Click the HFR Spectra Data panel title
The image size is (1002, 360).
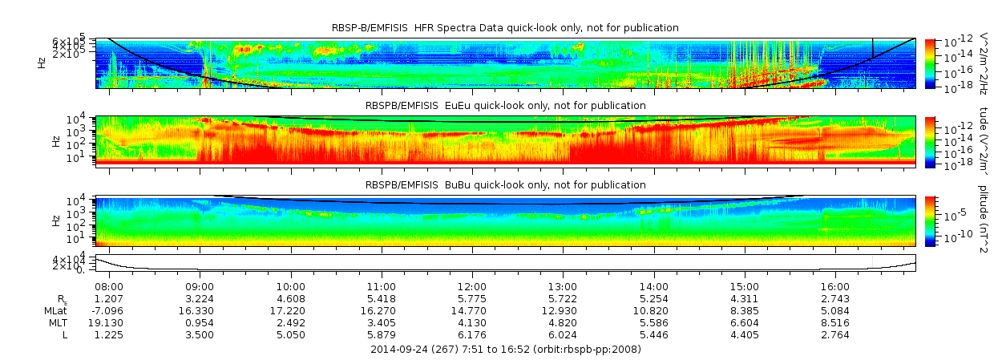[x=505, y=28]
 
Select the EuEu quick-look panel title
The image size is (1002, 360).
[x=505, y=105]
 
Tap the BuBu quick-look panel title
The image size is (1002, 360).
[x=505, y=184]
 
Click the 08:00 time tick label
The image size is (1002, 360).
[x=108, y=285]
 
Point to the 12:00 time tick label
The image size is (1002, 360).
[x=471, y=285]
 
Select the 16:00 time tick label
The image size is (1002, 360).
[x=835, y=285]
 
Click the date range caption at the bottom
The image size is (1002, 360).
[x=505, y=349]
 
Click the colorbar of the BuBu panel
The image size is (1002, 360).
[x=930, y=220]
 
